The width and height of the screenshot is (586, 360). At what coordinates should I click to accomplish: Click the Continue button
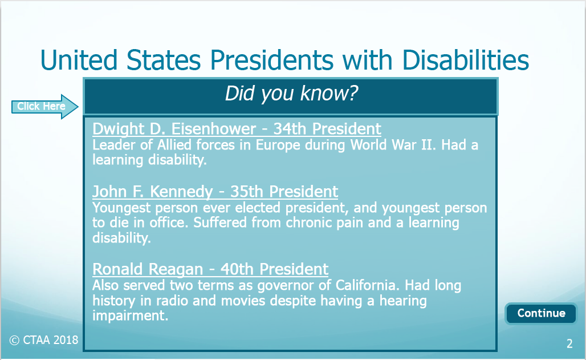pyautogui.click(x=541, y=313)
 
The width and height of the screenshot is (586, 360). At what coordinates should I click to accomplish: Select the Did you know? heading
pyautogui.click(x=291, y=94)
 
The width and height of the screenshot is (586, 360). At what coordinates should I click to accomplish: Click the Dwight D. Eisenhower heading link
pyautogui.click(x=237, y=129)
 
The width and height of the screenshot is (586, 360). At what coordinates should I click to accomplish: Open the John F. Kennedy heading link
pyautogui.click(x=215, y=192)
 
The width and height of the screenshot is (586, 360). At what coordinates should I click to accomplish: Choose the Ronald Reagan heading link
pyautogui.click(x=210, y=269)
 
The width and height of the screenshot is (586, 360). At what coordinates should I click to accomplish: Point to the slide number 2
pyautogui.click(x=569, y=343)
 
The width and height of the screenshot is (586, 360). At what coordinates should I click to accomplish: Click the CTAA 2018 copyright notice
pyautogui.click(x=44, y=340)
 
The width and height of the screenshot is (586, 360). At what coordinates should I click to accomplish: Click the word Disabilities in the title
pyautogui.click(x=466, y=60)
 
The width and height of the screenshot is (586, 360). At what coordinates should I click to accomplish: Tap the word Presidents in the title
pyautogui.click(x=272, y=60)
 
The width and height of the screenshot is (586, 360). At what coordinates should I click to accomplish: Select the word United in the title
pyautogui.click(x=79, y=60)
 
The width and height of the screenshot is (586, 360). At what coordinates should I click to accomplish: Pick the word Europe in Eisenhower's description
pyautogui.click(x=278, y=145)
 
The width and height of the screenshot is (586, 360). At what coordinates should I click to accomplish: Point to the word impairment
pyautogui.click(x=130, y=316)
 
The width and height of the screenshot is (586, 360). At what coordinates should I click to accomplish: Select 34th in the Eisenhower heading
pyautogui.click(x=290, y=129)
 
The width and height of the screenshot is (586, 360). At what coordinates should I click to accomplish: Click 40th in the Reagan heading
pyautogui.click(x=237, y=269)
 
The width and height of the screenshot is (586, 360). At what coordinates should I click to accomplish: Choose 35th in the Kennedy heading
pyautogui.click(x=247, y=192)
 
